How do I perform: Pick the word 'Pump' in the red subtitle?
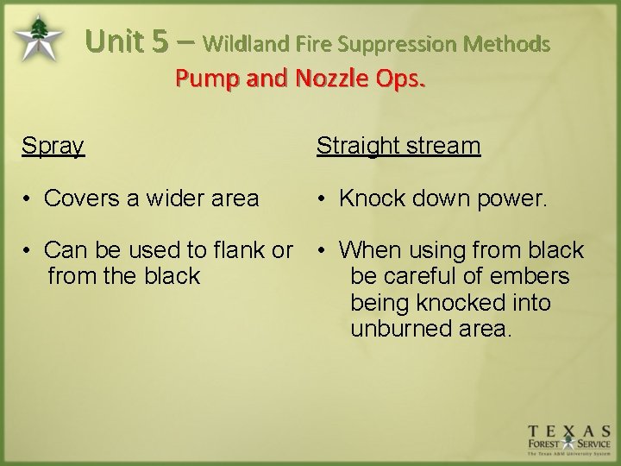pos(202,79)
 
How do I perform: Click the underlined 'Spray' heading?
pos(53,146)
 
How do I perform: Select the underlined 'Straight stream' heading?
pos(398,146)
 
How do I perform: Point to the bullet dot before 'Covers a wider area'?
pos(28,199)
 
